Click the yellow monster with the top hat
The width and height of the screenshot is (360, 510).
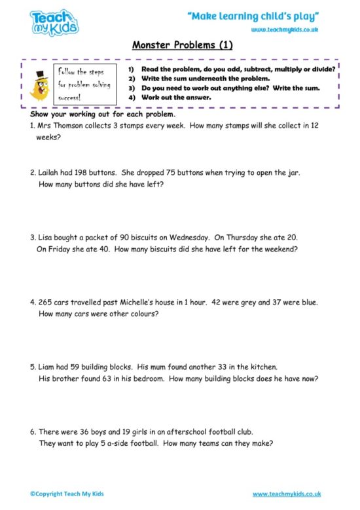coord(41,84)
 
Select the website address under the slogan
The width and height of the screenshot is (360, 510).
coord(284,30)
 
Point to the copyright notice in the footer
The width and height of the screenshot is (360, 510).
coord(67,493)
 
